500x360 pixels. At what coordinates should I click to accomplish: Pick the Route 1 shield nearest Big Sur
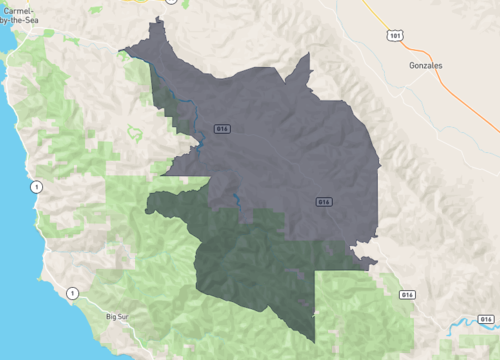coord(71,293)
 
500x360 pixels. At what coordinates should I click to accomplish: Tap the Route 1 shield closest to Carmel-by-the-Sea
coord(37,186)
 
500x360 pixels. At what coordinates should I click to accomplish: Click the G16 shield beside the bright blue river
coord(406,295)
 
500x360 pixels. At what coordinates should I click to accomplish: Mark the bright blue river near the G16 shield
coord(470,323)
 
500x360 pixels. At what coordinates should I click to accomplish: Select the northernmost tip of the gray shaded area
coord(156,22)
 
